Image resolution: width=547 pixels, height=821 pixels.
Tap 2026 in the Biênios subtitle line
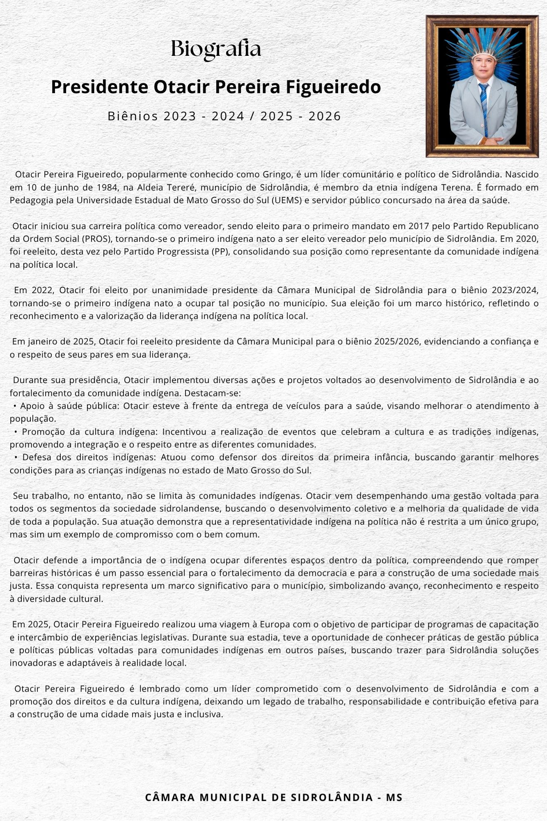tap(325, 116)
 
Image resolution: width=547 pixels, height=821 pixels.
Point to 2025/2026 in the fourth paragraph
tap(397, 341)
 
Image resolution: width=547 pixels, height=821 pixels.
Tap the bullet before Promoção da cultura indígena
tap(16, 432)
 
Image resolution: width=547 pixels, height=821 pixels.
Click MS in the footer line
tap(394, 797)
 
